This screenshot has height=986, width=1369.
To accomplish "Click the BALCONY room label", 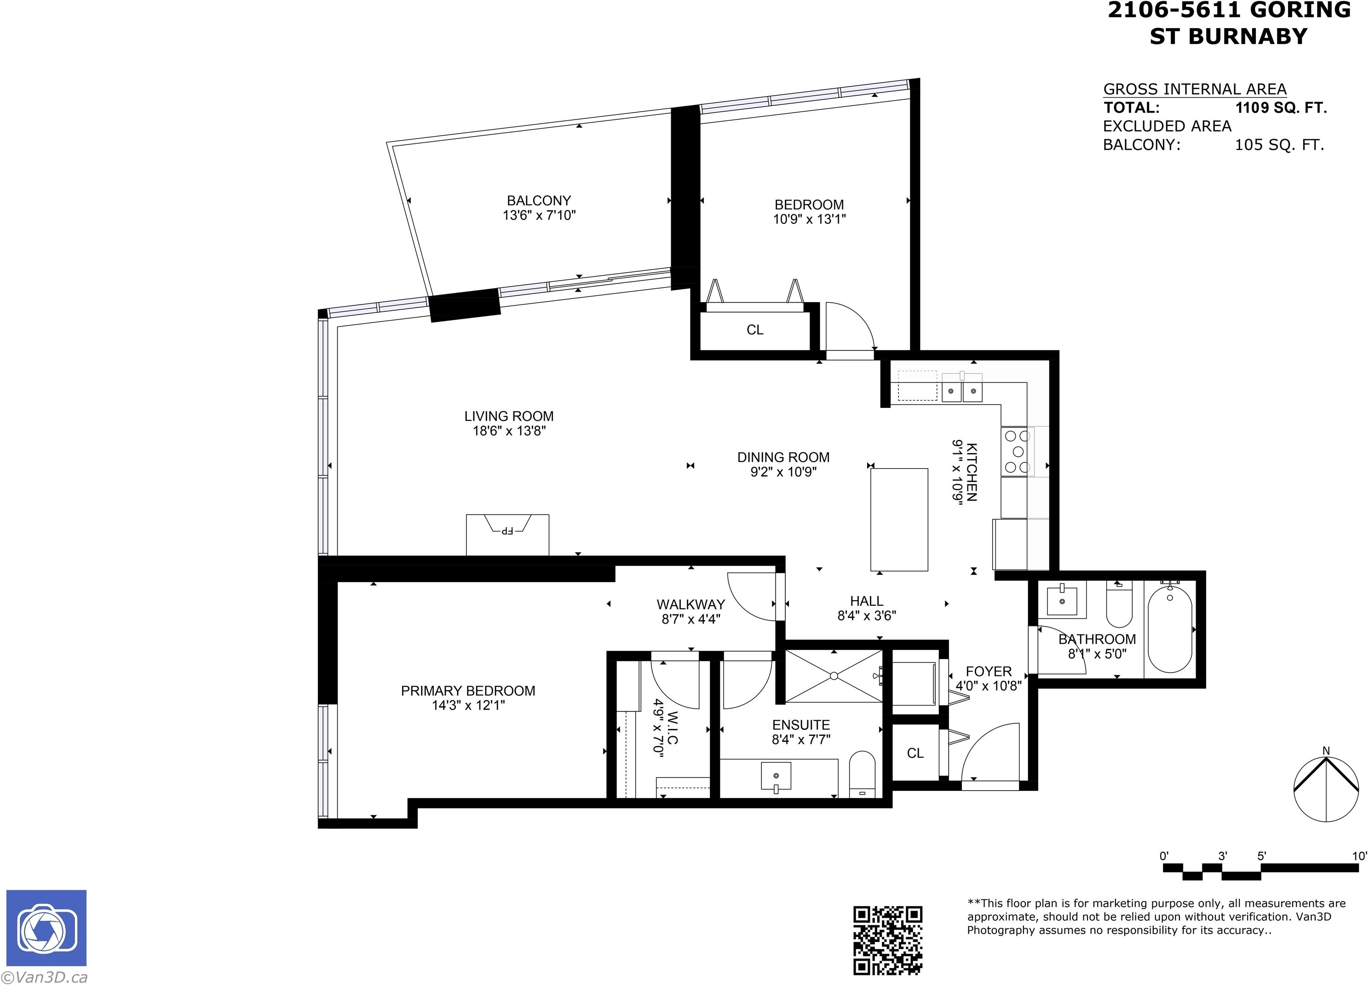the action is point(538,201).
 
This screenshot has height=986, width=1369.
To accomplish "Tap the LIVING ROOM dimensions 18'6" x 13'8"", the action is point(509,431).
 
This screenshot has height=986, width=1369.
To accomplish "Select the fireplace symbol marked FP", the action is point(507,535).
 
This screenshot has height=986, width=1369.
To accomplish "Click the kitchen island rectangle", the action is point(899,520).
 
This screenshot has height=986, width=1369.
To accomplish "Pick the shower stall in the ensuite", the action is point(834,676).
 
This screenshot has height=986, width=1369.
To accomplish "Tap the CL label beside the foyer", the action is point(915,753).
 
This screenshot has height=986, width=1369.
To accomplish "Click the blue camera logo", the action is point(46,928).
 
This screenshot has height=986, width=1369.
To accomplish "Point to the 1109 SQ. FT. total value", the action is point(1281,108).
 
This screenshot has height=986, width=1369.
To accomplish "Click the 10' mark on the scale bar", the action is point(1359,856).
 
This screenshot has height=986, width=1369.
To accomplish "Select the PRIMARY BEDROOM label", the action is point(468,691).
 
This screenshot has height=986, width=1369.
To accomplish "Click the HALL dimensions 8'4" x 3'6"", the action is point(866,615).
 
